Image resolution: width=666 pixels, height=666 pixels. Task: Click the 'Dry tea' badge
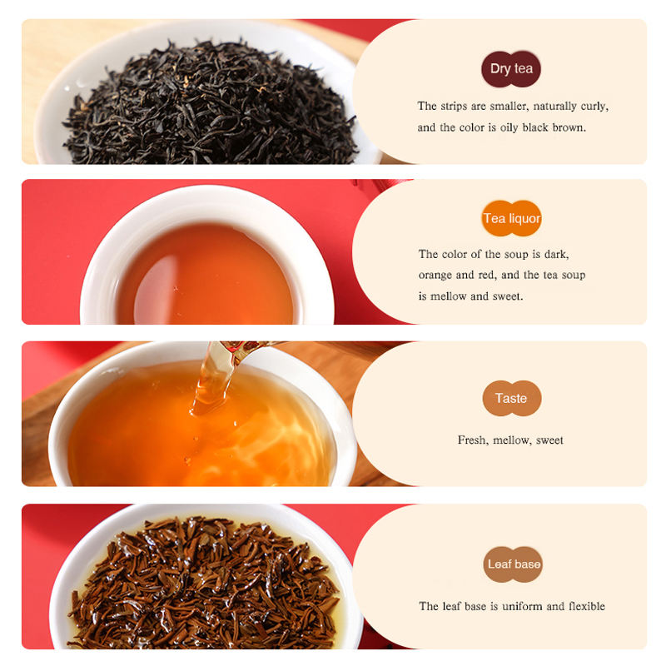coord(511,69)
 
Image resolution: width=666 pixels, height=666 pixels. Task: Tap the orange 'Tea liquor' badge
coord(511,219)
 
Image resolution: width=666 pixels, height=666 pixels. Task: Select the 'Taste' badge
coord(511,398)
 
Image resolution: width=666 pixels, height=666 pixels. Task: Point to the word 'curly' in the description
coord(593,107)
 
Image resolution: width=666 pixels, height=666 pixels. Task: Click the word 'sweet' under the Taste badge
coord(549,440)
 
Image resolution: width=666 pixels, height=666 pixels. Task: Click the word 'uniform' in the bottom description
coord(519,606)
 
